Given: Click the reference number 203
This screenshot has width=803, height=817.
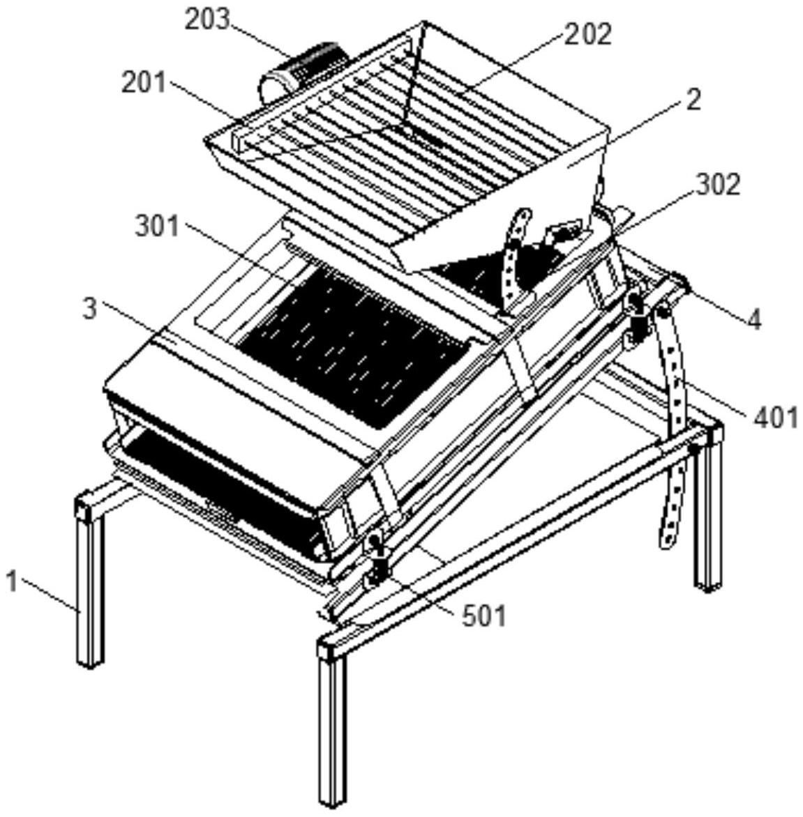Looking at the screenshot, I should tap(207, 19).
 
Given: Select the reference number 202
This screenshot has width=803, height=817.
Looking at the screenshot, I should tap(588, 33).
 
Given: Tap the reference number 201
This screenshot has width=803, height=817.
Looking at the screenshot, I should tap(144, 83).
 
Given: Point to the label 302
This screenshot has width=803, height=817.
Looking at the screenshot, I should tap(717, 184).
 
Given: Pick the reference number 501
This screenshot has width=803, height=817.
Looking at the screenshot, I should tap(484, 616).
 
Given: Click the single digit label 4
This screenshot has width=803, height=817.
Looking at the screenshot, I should tap(754, 319).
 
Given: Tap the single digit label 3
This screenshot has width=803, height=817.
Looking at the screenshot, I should tap(89, 308).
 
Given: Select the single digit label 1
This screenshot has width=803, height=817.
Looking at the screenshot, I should tap(12, 580).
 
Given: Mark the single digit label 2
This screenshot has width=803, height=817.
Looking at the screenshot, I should tap(692, 100).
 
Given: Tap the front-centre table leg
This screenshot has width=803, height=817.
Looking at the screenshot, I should tap(332, 725).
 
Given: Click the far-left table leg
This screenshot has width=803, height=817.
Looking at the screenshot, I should tap(90, 586).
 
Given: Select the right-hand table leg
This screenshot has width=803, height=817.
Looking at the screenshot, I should tap(708, 516).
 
